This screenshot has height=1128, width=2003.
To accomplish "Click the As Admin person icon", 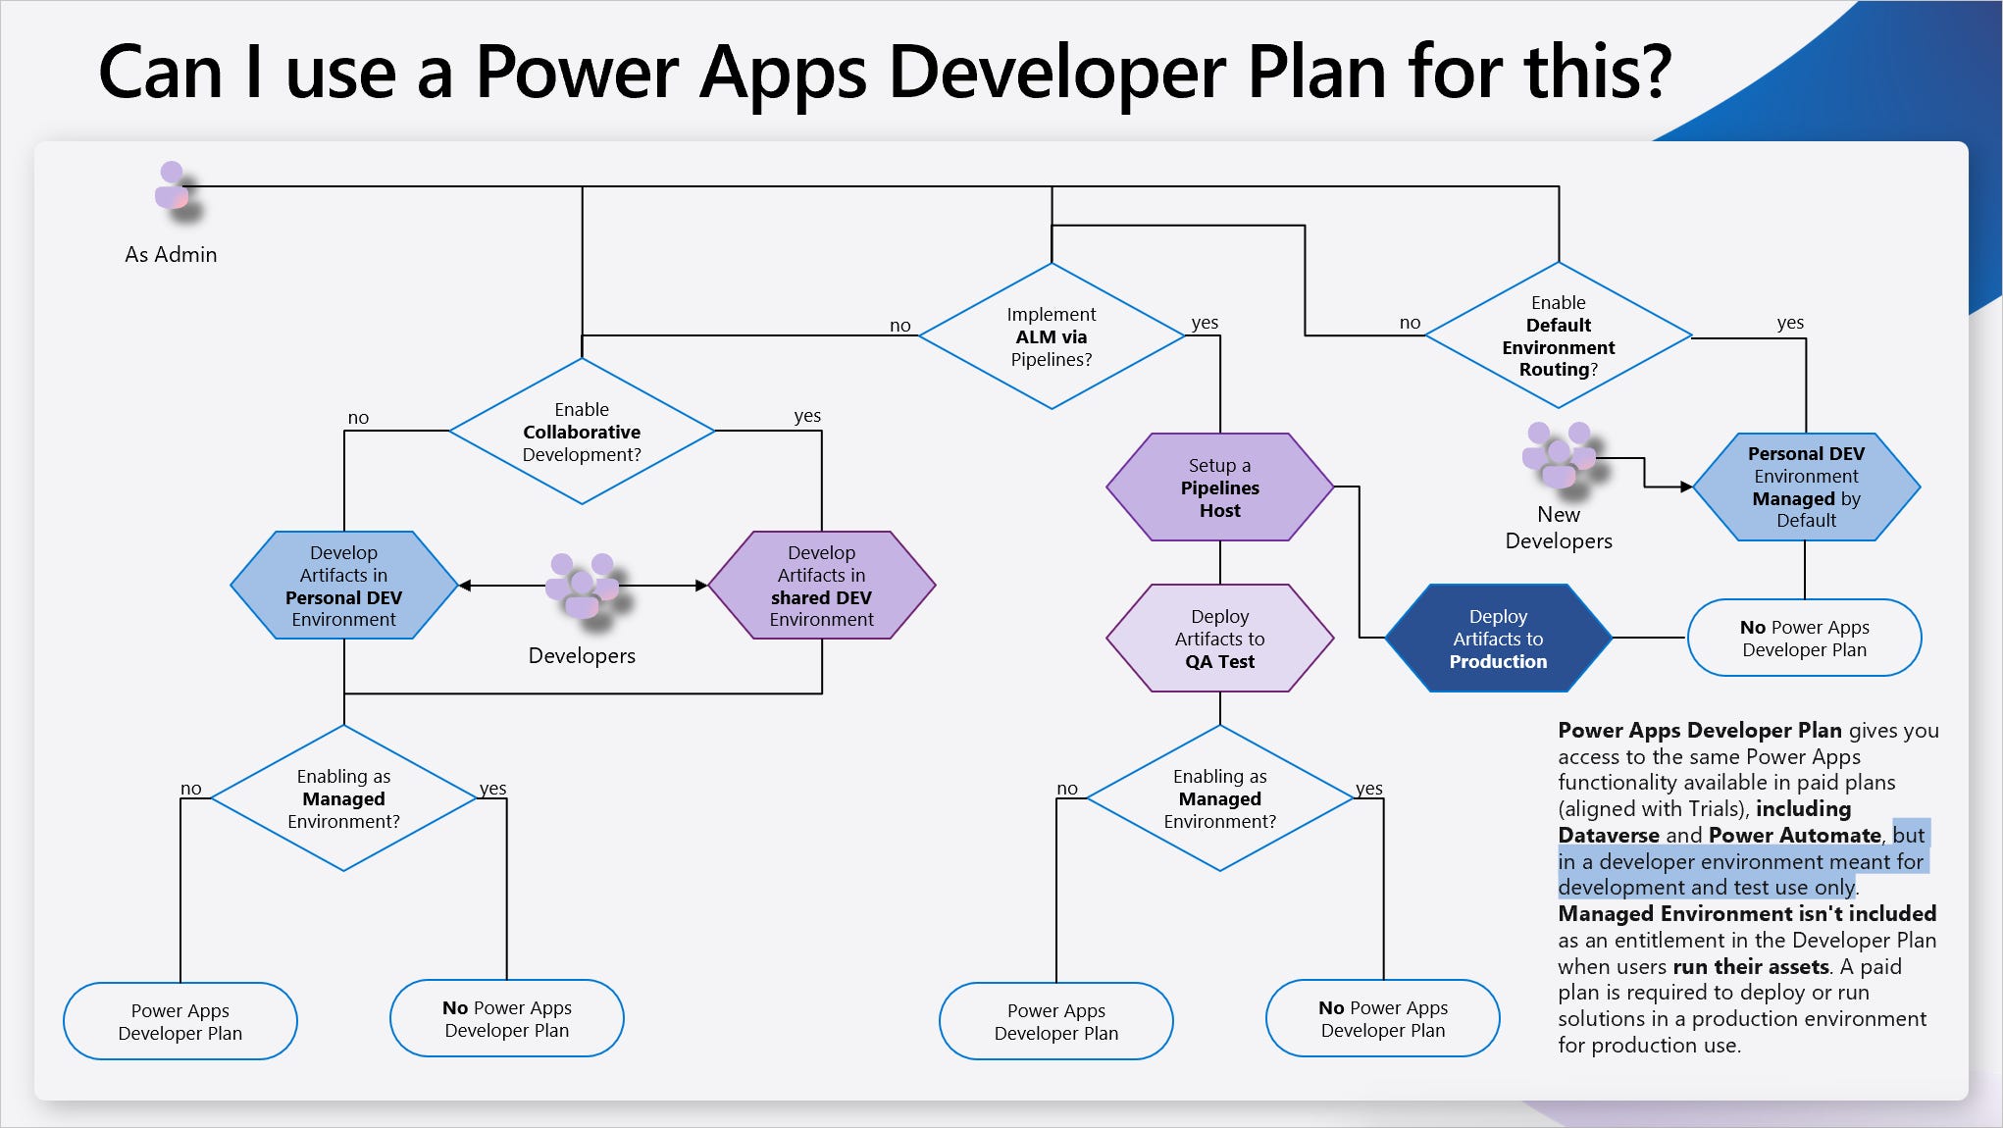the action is click(x=172, y=186).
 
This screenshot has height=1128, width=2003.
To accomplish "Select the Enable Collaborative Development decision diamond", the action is click(x=582, y=432).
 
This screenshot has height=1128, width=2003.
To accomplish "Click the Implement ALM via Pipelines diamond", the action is click(x=1052, y=336).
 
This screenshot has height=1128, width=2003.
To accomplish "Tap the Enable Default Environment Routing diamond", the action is click(x=1558, y=336).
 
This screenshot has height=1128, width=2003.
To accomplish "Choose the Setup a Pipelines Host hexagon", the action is click(x=1219, y=487).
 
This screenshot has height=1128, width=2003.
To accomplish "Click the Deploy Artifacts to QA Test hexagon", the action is click(x=1219, y=639).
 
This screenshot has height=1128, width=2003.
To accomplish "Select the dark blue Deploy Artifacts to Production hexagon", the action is click(x=1498, y=639).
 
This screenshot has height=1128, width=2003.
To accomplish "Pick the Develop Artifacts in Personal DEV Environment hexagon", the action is click(x=343, y=586).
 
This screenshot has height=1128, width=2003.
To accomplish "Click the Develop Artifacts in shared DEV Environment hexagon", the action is click(x=821, y=586).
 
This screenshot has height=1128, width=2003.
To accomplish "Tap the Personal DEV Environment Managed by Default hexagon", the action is click(x=1806, y=487).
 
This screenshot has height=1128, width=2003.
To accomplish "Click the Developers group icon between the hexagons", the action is click(x=582, y=586).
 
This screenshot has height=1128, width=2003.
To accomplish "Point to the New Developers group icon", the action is click(x=1558, y=456).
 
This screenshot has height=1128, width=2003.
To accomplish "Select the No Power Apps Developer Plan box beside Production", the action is click(x=1804, y=639).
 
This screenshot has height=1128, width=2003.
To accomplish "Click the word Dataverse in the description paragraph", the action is click(x=1608, y=836).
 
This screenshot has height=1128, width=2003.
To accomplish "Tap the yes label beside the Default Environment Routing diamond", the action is click(x=1789, y=323).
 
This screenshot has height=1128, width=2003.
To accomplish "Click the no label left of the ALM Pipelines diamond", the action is click(x=899, y=326).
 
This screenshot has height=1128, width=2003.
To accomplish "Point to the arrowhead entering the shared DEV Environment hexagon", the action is click(x=701, y=586).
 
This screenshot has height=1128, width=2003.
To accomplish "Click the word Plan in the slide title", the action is click(x=1320, y=74).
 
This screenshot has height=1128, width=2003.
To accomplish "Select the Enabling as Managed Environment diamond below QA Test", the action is click(x=1219, y=798).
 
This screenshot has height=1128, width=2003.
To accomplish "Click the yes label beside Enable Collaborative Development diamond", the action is click(x=806, y=416).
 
